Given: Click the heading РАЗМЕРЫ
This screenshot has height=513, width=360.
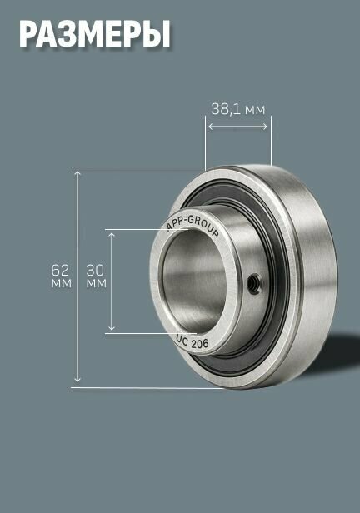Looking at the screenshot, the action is pos(95,34).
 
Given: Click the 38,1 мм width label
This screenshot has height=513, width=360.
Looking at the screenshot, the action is pos(238,109).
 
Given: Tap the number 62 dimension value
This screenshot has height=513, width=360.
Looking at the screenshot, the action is pos(60,270).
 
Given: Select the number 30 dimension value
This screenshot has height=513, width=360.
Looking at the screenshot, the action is pos(95,270).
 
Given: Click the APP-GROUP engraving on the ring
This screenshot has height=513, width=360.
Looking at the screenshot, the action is pos(193,225).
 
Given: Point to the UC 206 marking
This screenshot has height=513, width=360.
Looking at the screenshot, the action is pos(192,342).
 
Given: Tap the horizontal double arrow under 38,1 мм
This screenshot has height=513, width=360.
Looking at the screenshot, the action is pos(238,127).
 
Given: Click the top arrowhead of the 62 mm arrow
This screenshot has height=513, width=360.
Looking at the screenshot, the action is pos(77,172).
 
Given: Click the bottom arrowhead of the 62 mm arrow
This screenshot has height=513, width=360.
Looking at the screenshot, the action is pos(77,380).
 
